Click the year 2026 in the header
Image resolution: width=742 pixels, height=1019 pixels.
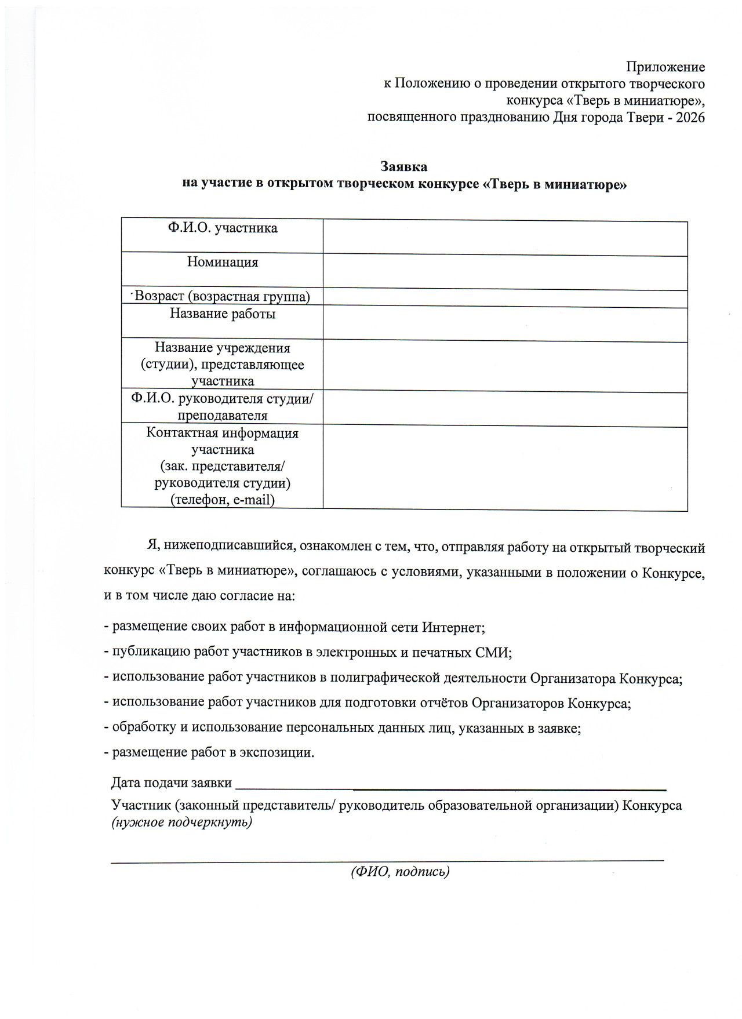point(690,118)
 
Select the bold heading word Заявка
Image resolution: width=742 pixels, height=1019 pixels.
point(404,167)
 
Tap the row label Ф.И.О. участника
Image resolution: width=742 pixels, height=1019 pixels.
point(223,228)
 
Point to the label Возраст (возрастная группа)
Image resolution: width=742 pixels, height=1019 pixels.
point(222,297)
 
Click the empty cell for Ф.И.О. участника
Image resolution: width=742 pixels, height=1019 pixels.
point(504,236)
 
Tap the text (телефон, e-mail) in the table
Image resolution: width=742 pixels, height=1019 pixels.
point(222,500)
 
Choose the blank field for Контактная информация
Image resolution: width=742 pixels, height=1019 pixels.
point(504,468)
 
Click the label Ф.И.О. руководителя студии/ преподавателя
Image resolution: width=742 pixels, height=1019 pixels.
point(222,407)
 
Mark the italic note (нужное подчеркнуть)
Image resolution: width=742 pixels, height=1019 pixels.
point(181,823)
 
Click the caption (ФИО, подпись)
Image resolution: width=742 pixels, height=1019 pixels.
point(400,872)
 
